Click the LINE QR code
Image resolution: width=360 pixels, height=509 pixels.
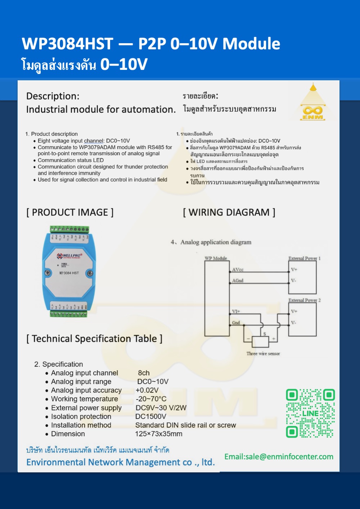click(x=310, y=413)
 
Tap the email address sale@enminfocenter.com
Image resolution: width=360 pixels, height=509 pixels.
click(x=279, y=457)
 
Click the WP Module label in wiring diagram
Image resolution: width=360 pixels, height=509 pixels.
click(x=216, y=258)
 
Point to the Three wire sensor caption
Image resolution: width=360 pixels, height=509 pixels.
click(x=263, y=354)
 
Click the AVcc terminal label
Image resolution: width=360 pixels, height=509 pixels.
click(x=238, y=269)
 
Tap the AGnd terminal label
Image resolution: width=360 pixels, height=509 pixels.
click(x=238, y=281)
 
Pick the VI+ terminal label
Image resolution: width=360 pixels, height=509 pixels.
click(x=236, y=311)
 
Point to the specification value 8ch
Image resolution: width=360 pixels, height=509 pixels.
click(x=144, y=373)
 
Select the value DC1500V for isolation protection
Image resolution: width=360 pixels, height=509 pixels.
click(x=150, y=416)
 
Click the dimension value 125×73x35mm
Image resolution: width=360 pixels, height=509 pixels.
click(x=158, y=434)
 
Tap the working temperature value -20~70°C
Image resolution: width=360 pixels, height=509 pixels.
click(x=151, y=399)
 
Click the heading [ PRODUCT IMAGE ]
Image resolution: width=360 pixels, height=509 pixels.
click(x=70, y=213)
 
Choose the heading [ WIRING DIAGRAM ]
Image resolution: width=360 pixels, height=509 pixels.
click(x=229, y=213)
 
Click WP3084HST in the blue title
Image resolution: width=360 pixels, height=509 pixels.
click(x=67, y=44)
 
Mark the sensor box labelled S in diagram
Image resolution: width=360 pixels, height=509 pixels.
click(x=260, y=341)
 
